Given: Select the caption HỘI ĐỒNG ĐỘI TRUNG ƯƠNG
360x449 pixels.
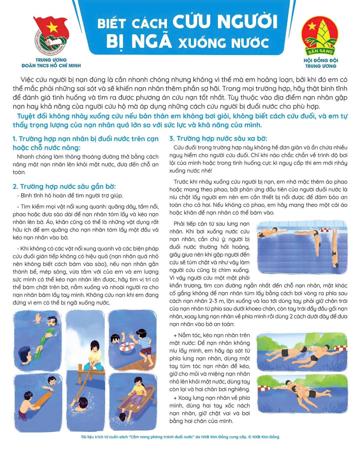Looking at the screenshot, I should coord(320,63).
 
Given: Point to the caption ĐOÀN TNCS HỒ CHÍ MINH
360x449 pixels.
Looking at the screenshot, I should coord(51,66).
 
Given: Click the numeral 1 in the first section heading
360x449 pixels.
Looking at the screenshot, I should coord(14,139).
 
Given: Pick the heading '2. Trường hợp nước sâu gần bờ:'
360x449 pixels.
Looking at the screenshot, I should coord(64,186).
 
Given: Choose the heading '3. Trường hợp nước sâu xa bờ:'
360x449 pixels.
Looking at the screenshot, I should coord(218,139).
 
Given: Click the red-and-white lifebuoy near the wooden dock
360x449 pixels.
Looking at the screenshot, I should coord(127,347).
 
